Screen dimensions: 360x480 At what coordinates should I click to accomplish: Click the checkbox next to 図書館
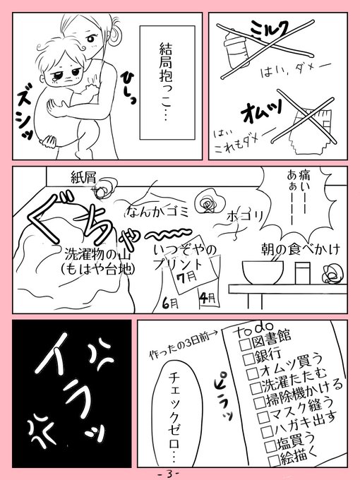[x=245, y=344]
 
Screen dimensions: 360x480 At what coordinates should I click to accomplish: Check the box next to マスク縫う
[x=263, y=416]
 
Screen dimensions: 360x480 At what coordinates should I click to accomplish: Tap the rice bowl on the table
[x=263, y=272]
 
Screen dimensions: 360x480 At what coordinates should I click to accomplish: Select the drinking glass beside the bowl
[x=302, y=273]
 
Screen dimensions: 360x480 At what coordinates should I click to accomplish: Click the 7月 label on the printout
[x=187, y=277]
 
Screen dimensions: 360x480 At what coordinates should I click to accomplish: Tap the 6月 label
[x=170, y=303]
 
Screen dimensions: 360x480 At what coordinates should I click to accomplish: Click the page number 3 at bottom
[x=169, y=474]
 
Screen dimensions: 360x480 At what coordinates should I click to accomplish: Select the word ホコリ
[x=245, y=217]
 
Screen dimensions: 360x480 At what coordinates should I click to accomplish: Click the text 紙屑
[x=83, y=178]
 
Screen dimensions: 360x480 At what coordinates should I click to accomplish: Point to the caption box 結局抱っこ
[x=167, y=83]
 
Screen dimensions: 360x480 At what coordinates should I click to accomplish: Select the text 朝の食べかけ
[x=300, y=250]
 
